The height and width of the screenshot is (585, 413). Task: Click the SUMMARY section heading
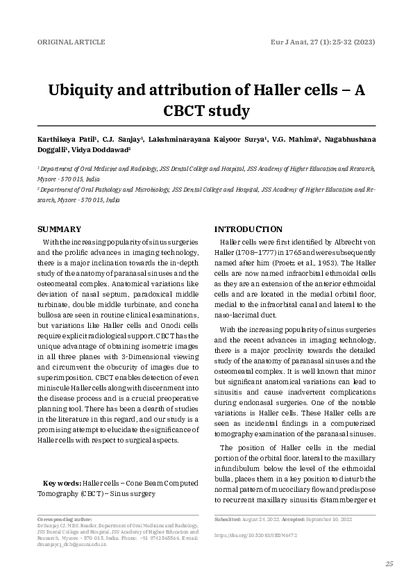[59, 229]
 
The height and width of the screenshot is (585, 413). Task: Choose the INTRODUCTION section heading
[248, 229]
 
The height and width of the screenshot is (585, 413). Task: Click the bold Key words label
[61, 483]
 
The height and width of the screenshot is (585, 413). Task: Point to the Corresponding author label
[65, 519]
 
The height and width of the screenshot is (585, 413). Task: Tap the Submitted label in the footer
[227, 519]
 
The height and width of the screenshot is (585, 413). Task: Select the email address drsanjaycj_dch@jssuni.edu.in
[71, 545]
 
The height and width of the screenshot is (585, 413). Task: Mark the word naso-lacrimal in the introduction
[236, 315]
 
